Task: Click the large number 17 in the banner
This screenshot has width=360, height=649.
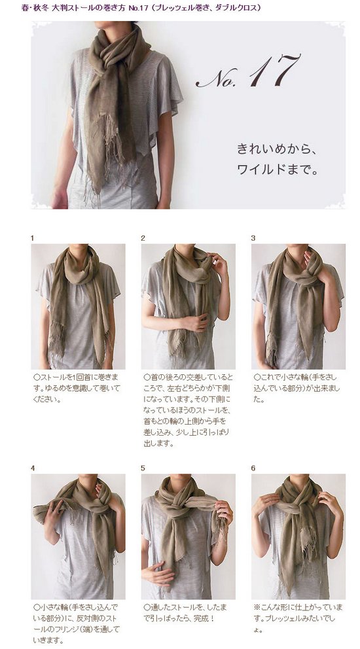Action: tap(274, 71)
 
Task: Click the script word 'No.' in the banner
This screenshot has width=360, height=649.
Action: tap(216, 79)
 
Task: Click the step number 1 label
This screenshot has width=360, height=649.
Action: tap(32, 238)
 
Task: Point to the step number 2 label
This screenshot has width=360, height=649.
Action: tap(143, 238)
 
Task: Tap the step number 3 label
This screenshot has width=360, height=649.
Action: tap(253, 238)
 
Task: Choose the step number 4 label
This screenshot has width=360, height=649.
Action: tap(33, 468)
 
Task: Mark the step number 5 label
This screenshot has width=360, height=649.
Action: tap(143, 468)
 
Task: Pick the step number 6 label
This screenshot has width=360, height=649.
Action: tap(253, 468)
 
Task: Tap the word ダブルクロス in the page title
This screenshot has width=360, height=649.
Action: tap(239, 8)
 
